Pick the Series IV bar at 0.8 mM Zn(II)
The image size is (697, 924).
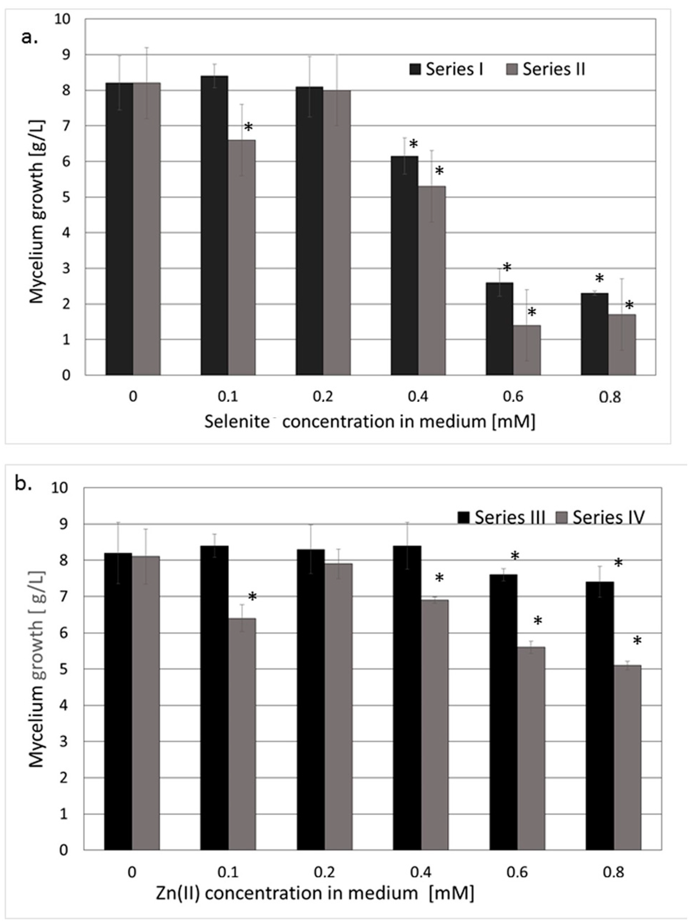[627, 752]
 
